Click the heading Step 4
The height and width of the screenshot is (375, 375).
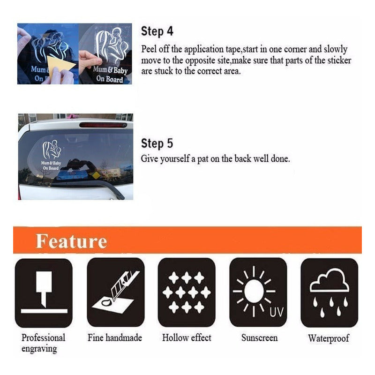pos(157,31)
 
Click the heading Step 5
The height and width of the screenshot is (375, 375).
pos(157,143)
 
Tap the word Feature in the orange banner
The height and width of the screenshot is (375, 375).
pos(71,241)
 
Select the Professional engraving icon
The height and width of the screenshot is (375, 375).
pos(44,292)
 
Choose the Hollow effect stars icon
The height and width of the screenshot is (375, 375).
pos(187,292)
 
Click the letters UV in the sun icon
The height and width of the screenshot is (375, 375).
pos(277,312)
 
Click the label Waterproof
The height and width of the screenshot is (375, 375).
pos(329,338)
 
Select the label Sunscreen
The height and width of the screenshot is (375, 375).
pos(260,337)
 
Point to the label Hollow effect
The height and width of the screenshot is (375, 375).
pos(187,337)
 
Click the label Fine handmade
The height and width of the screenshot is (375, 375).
pos(115,337)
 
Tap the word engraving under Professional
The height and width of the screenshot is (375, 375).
pos(39,349)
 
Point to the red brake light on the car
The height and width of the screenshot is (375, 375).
pos(103,125)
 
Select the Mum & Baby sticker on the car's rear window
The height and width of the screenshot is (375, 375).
pos(52,155)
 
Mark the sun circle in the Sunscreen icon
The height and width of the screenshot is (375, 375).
pos(254,291)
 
